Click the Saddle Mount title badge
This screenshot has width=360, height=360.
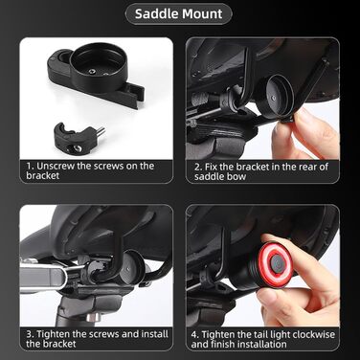[178, 14]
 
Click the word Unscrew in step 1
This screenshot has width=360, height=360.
[56, 166]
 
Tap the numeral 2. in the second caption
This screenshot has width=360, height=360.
[198, 167]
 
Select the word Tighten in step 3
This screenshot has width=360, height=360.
[54, 334]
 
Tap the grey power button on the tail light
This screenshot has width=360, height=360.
[277, 262]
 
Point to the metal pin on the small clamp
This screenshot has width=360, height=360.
[100, 130]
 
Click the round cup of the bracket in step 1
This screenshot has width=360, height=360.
[98, 66]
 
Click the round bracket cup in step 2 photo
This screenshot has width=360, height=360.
[277, 95]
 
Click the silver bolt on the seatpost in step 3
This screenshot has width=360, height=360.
[94, 317]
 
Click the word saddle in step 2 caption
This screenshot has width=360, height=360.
[210, 177]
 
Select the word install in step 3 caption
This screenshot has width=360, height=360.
[155, 334]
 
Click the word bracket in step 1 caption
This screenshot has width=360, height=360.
[43, 176]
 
